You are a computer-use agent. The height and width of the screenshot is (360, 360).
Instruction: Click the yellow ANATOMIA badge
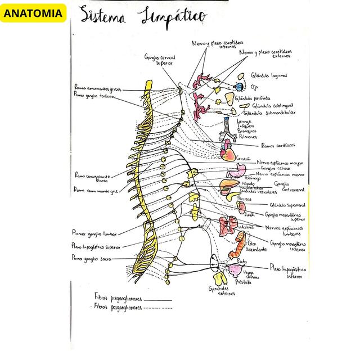[x=34, y=12]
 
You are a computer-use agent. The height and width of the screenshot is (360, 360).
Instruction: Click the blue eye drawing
[x=238, y=87]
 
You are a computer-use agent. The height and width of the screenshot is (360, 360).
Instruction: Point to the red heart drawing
[x=227, y=151]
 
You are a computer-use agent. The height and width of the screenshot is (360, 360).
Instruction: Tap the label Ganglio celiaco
[x=276, y=168]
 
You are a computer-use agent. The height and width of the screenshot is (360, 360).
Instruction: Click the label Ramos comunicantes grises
[x=97, y=88]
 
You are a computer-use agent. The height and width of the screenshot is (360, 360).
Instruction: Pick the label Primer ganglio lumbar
[x=94, y=232]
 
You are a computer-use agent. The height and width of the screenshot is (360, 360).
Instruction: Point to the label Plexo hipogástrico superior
[x=96, y=245]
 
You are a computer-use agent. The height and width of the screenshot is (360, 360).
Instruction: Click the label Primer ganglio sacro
[x=91, y=258]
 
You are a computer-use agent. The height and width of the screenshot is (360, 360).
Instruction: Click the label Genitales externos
[x=214, y=291]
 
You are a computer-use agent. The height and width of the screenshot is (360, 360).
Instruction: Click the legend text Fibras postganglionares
[x=118, y=307]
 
